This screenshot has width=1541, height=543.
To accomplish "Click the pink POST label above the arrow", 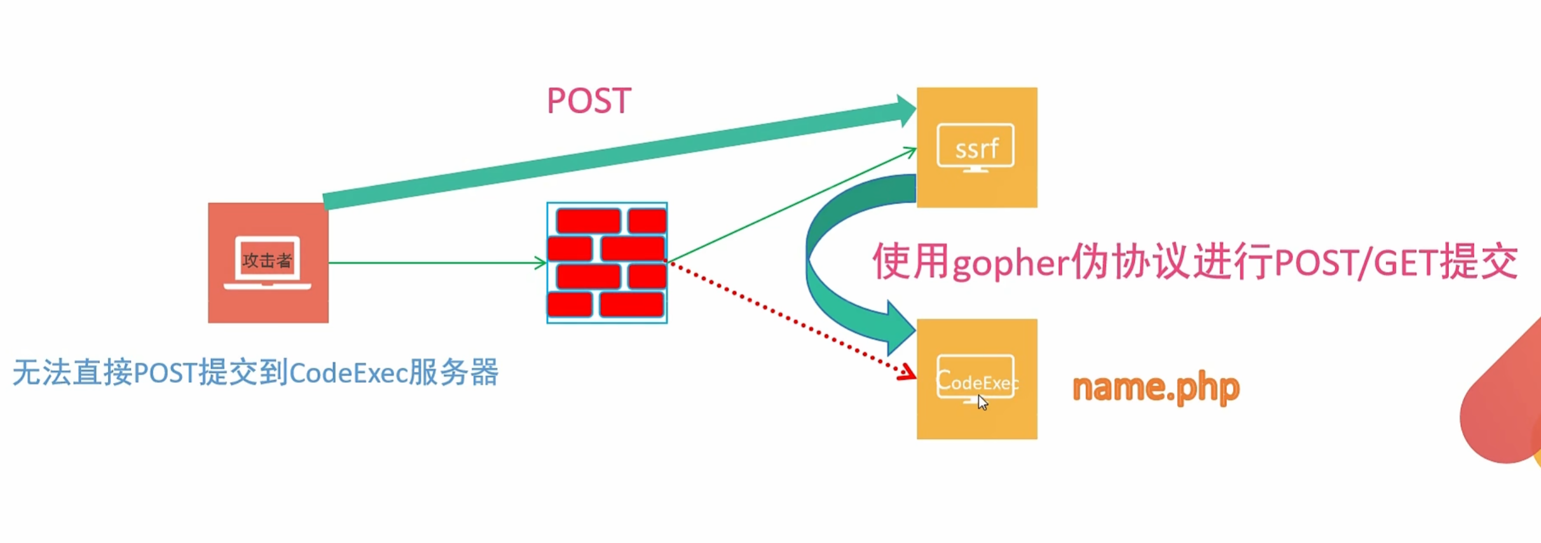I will pyautogui.click(x=589, y=101).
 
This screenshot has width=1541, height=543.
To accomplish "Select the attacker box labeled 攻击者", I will pyautogui.click(x=268, y=262).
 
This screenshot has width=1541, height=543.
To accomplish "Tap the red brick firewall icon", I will pyautogui.click(x=606, y=262).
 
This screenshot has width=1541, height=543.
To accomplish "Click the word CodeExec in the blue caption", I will pyautogui.click(x=348, y=373).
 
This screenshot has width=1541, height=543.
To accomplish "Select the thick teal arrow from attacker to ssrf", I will pyautogui.click(x=610, y=156).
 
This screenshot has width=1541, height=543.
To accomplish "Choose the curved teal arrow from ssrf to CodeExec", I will pyautogui.click(x=826, y=267).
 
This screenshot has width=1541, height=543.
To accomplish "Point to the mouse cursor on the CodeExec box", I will pyautogui.click(x=982, y=402).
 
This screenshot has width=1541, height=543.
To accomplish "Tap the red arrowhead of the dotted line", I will pyautogui.click(x=908, y=373).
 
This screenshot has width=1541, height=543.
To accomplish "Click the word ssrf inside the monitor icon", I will pyautogui.click(x=976, y=149).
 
